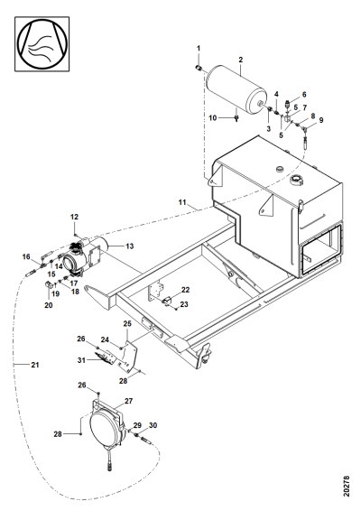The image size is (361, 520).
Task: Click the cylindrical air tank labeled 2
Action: tap(236, 87)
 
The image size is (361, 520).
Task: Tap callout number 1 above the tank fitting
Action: tap(199, 49)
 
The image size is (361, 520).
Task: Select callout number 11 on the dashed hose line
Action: tap(182, 202)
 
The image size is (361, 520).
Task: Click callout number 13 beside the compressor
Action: tap(130, 246)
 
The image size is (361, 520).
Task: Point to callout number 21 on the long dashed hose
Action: tap(35, 365)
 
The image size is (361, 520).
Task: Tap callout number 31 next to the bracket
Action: tap(81, 360)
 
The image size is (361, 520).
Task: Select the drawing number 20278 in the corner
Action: tap(347, 487)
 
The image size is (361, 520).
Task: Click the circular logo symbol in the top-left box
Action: tap(42, 43)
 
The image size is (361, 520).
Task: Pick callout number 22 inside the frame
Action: tap(185, 290)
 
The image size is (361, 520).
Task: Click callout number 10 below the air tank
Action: tap(212, 117)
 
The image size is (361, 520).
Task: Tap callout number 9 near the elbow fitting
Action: tap(321, 120)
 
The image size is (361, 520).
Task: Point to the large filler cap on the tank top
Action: tap(296, 180)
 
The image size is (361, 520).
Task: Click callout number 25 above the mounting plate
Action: tap(127, 323)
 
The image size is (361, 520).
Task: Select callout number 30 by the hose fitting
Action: tap(153, 425)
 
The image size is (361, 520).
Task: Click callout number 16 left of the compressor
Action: tap(26, 256)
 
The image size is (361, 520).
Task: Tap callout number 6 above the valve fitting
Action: tap(304, 95)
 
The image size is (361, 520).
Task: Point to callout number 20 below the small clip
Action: tap(49, 305)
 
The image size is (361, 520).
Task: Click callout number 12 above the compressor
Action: tap(74, 217)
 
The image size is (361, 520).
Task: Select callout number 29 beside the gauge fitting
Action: tap(137, 425)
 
